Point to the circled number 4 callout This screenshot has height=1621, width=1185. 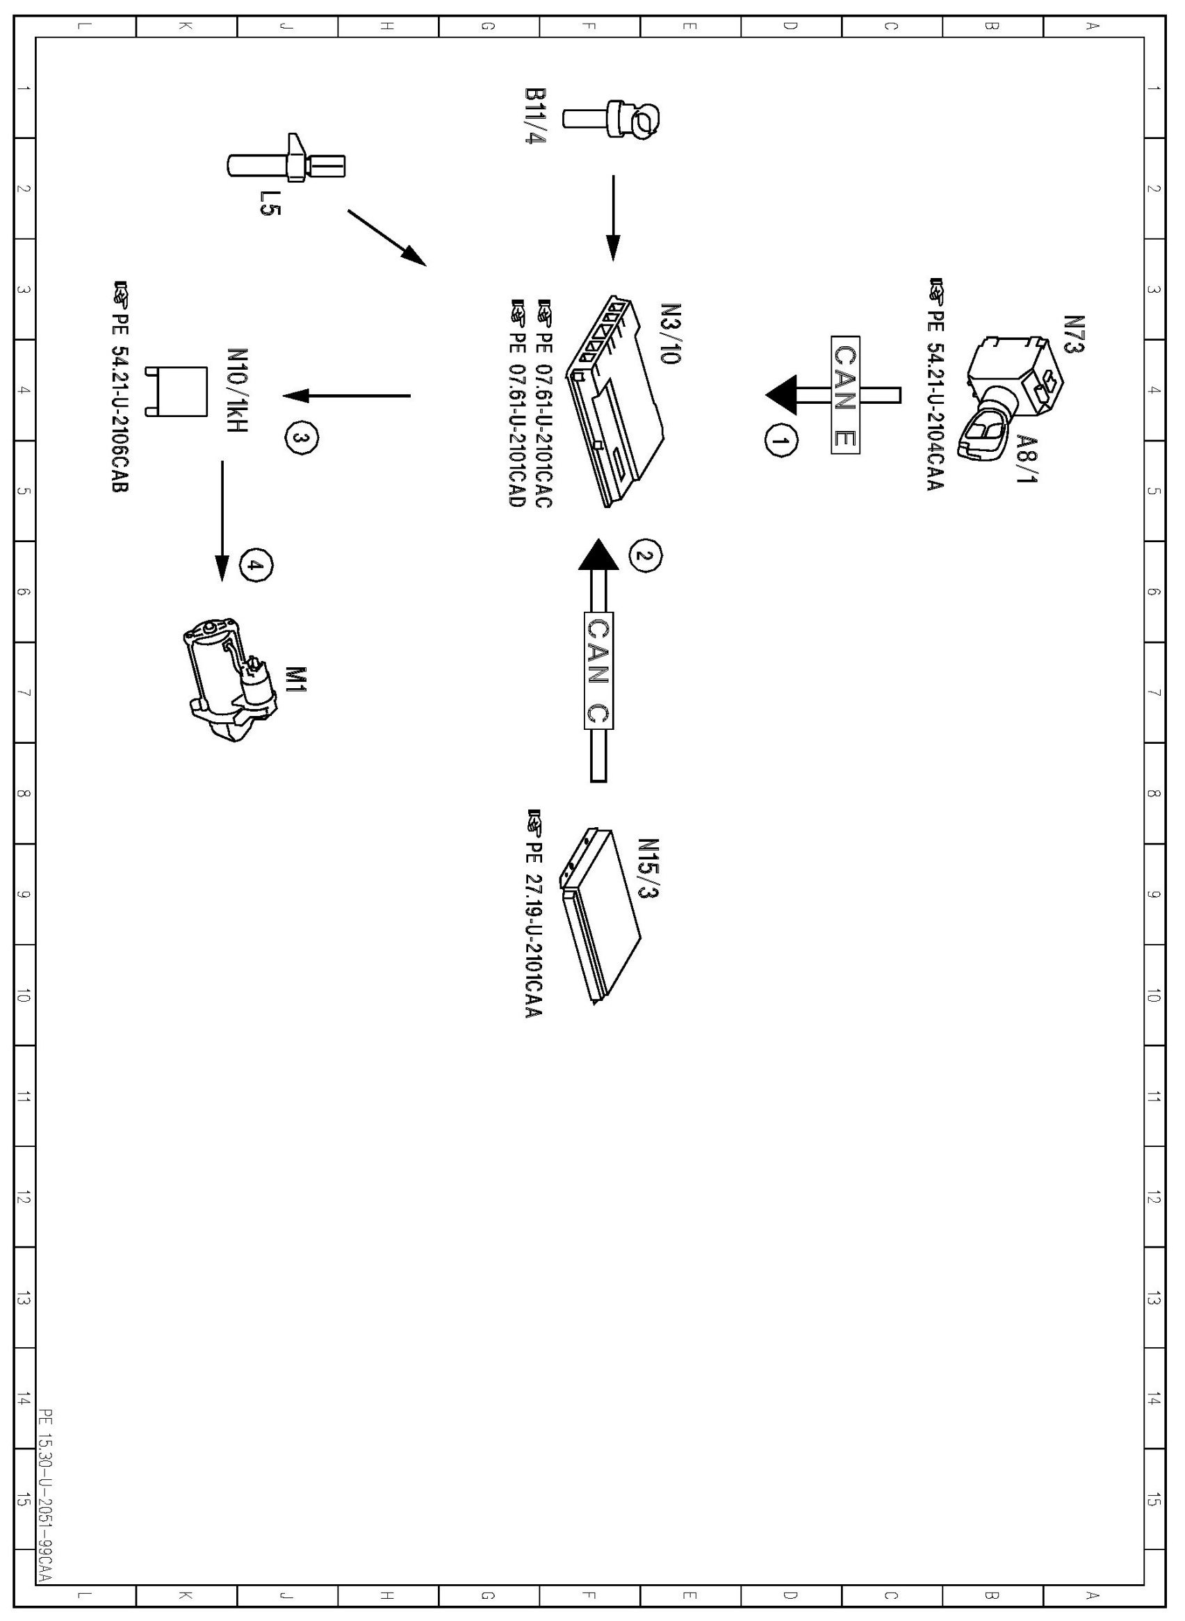(256, 566)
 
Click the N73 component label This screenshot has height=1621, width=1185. (1074, 334)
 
